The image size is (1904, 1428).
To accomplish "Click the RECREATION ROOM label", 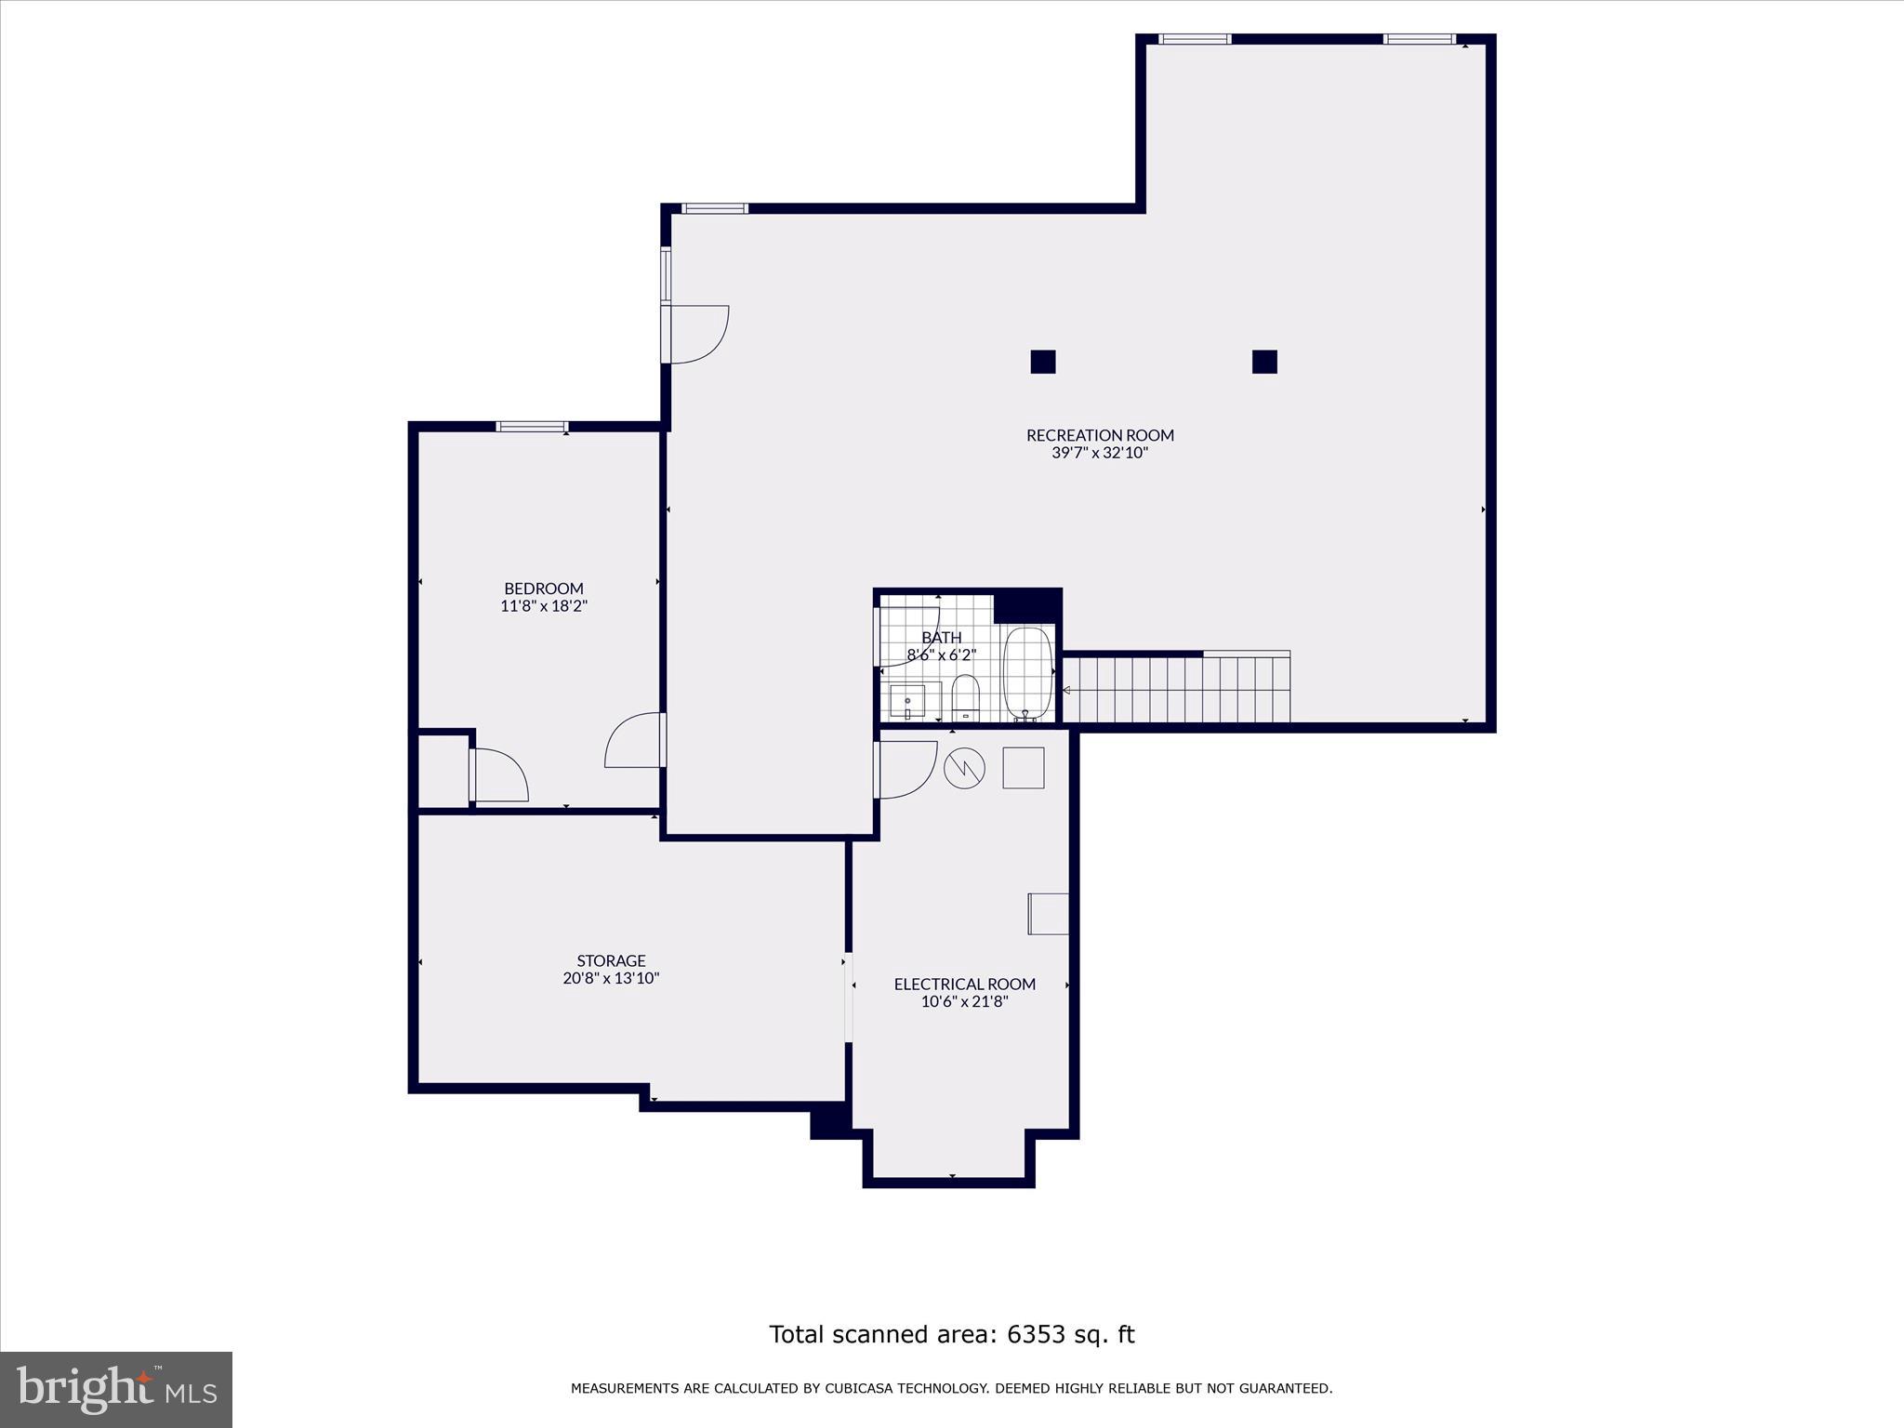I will pyautogui.click(x=1100, y=435).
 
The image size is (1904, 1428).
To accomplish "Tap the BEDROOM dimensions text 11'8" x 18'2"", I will pyautogui.click(x=544, y=606).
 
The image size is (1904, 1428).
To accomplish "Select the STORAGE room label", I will pyautogui.click(x=611, y=960).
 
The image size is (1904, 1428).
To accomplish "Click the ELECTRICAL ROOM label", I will pyautogui.click(x=964, y=984).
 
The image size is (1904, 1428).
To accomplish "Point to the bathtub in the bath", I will pyautogui.click(x=1028, y=673).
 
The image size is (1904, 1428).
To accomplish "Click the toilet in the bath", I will pyautogui.click(x=966, y=697).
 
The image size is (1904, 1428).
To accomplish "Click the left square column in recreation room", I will pyautogui.click(x=1043, y=362).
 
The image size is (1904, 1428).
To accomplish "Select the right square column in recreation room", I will pyautogui.click(x=1264, y=362).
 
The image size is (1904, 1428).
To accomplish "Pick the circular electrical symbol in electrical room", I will pyautogui.click(x=964, y=768).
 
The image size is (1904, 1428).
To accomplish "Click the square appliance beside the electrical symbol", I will pyautogui.click(x=1023, y=768).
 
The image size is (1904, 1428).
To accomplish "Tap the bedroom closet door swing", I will pyautogui.click(x=500, y=776).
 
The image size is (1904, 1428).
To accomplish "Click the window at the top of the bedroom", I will pyautogui.click(x=532, y=427).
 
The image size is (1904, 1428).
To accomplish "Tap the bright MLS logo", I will pyautogui.click(x=116, y=1390).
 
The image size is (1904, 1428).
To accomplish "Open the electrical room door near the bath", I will pyautogui.click(x=905, y=770).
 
